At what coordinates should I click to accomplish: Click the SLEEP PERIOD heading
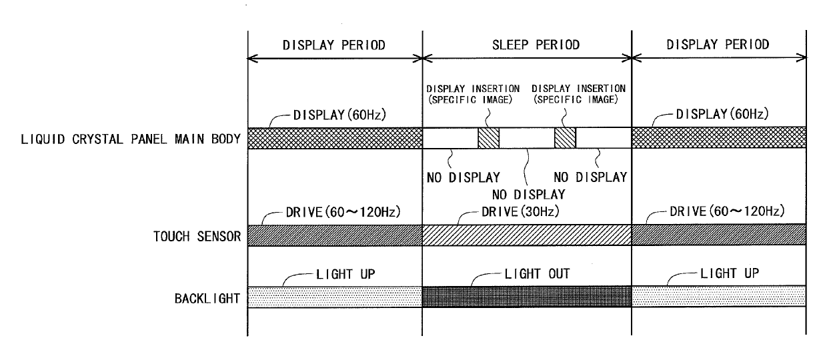point(536,45)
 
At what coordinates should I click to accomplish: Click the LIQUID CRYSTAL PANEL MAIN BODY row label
point(131,139)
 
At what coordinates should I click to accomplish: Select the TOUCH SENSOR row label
point(197,236)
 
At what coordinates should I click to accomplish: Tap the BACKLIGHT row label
point(207,299)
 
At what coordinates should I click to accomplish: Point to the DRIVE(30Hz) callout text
point(520,211)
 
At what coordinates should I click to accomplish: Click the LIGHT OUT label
point(537,273)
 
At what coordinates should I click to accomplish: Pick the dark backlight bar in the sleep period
point(527,297)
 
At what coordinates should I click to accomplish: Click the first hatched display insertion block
point(489,138)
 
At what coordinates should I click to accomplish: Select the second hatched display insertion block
point(566,138)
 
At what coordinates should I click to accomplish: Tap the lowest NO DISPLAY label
point(528,195)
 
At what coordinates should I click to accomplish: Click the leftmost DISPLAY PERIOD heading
point(333,45)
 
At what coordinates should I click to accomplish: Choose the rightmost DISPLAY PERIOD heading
point(718,45)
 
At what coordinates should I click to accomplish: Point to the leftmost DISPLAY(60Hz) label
point(339,115)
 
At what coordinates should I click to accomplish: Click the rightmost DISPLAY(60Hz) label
point(722,114)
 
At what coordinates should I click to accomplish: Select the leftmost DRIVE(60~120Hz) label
point(343,212)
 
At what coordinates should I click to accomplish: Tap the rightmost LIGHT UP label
point(730,273)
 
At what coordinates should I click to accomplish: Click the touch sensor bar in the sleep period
point(527,235)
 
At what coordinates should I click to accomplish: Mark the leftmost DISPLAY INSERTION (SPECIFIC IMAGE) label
point(473,94)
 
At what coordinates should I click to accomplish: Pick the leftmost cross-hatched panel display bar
point(335,138)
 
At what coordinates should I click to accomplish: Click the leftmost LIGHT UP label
point(345,275)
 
